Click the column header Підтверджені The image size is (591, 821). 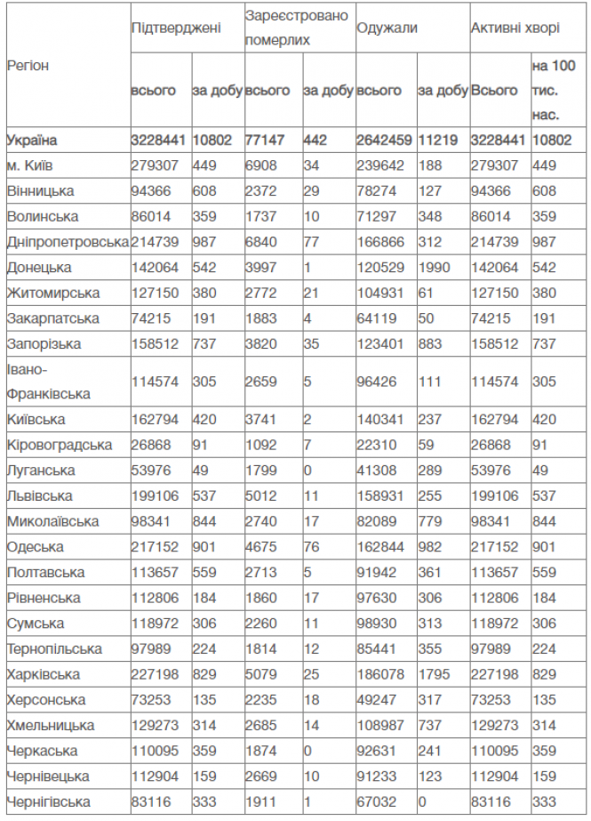click(x=176, y=28)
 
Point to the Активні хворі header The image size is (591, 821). click(x=515, y=28)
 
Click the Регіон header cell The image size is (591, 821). click(x=28, y=66)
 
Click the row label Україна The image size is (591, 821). click(x=32, y=140)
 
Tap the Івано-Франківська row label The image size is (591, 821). click(x=44, y=381)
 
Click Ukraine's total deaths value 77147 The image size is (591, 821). click(x=267, y=140)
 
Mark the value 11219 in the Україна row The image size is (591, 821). click(x=436, y=140)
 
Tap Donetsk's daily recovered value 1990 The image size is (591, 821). click(x=433, y=267)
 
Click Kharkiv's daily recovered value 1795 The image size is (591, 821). click(x=433, y=674)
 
